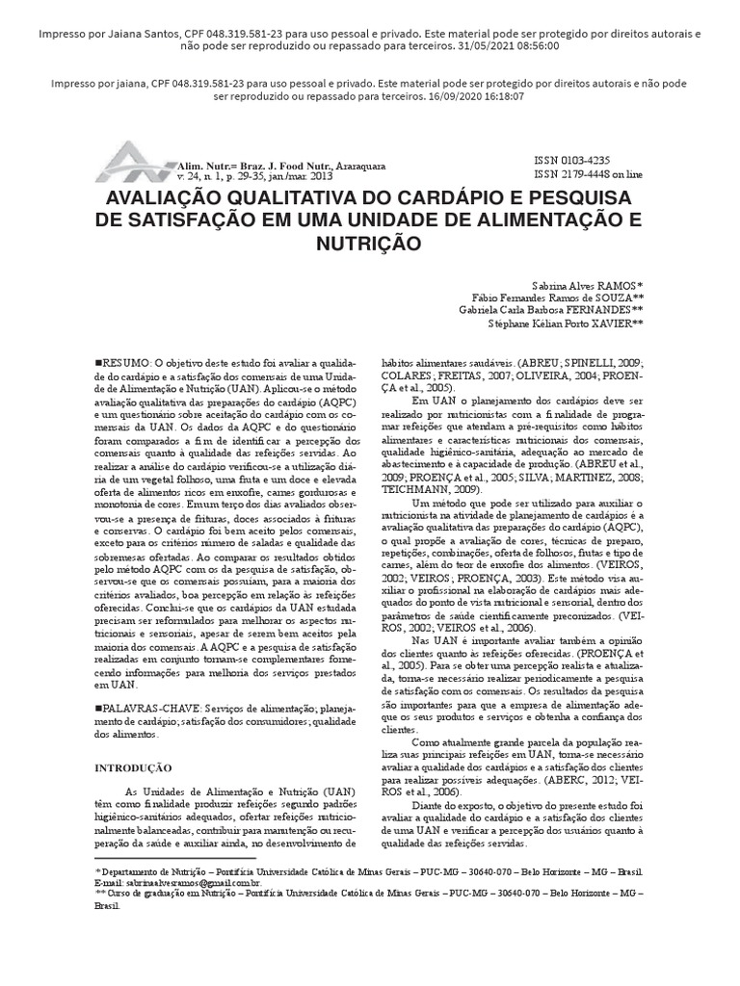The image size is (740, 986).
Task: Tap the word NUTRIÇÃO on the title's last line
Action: point(369,244)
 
